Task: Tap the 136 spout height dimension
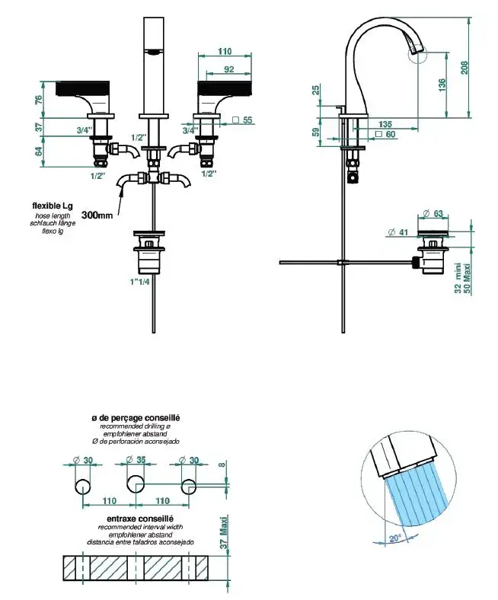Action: coord(442,85)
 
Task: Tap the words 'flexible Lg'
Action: coord(53,206)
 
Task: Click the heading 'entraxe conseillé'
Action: coord(143,519)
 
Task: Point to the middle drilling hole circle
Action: coord(136,483)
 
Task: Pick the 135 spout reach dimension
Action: coord(386,123)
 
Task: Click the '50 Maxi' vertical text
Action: coord(467,279)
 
